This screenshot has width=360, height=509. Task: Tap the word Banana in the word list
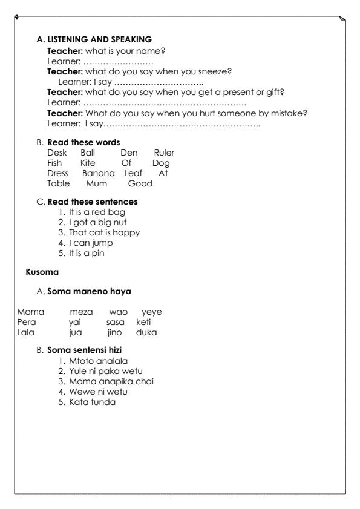pos(96,172)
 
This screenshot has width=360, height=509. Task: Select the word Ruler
pos(164,154)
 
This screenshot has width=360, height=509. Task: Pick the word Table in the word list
pos(58,182)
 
